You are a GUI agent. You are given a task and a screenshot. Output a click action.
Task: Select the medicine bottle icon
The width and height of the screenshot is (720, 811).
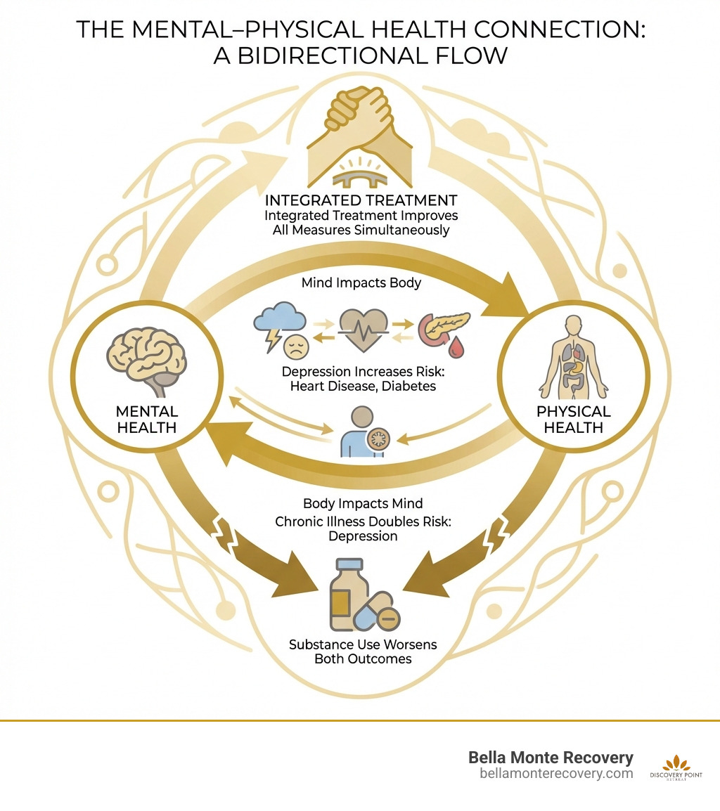click(349, 595)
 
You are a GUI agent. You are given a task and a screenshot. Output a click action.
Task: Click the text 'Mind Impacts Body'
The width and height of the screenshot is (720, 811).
click(360, 283)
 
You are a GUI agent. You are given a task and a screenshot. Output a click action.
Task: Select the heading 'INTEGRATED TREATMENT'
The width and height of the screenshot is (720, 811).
click(360, 200)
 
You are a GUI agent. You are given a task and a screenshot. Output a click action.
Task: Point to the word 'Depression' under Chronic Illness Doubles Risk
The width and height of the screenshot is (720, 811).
click(360, 536)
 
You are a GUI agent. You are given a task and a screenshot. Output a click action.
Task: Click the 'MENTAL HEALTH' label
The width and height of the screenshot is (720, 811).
click(148, 419)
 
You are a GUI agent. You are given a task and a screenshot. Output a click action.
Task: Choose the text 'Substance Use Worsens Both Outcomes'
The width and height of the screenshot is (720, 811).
click(360, 651)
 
